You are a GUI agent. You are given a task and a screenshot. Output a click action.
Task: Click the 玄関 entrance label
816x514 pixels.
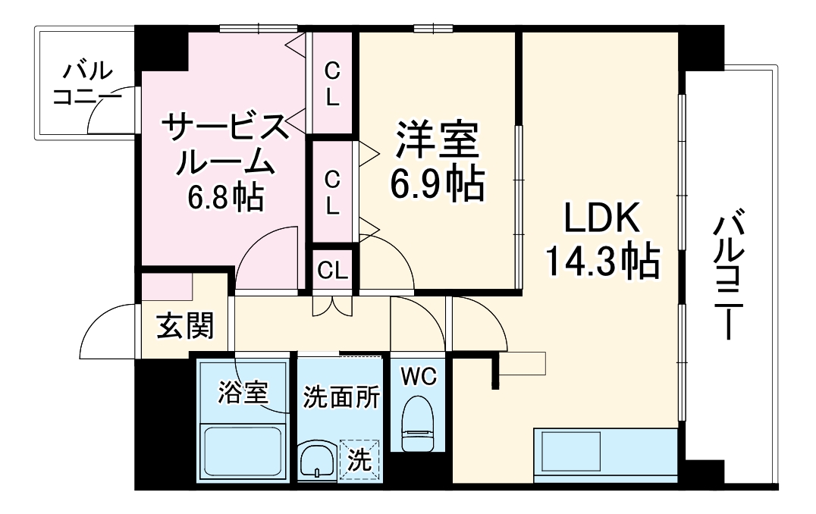point(185,327)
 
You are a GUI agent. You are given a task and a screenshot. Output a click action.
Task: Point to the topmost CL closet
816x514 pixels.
point(333,83)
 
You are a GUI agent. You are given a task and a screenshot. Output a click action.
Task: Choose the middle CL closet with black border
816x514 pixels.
point(333,192)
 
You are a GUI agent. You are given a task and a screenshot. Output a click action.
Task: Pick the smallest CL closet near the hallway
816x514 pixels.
point(333,269)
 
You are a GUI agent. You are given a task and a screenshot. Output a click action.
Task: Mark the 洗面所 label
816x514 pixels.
point(341,397)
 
